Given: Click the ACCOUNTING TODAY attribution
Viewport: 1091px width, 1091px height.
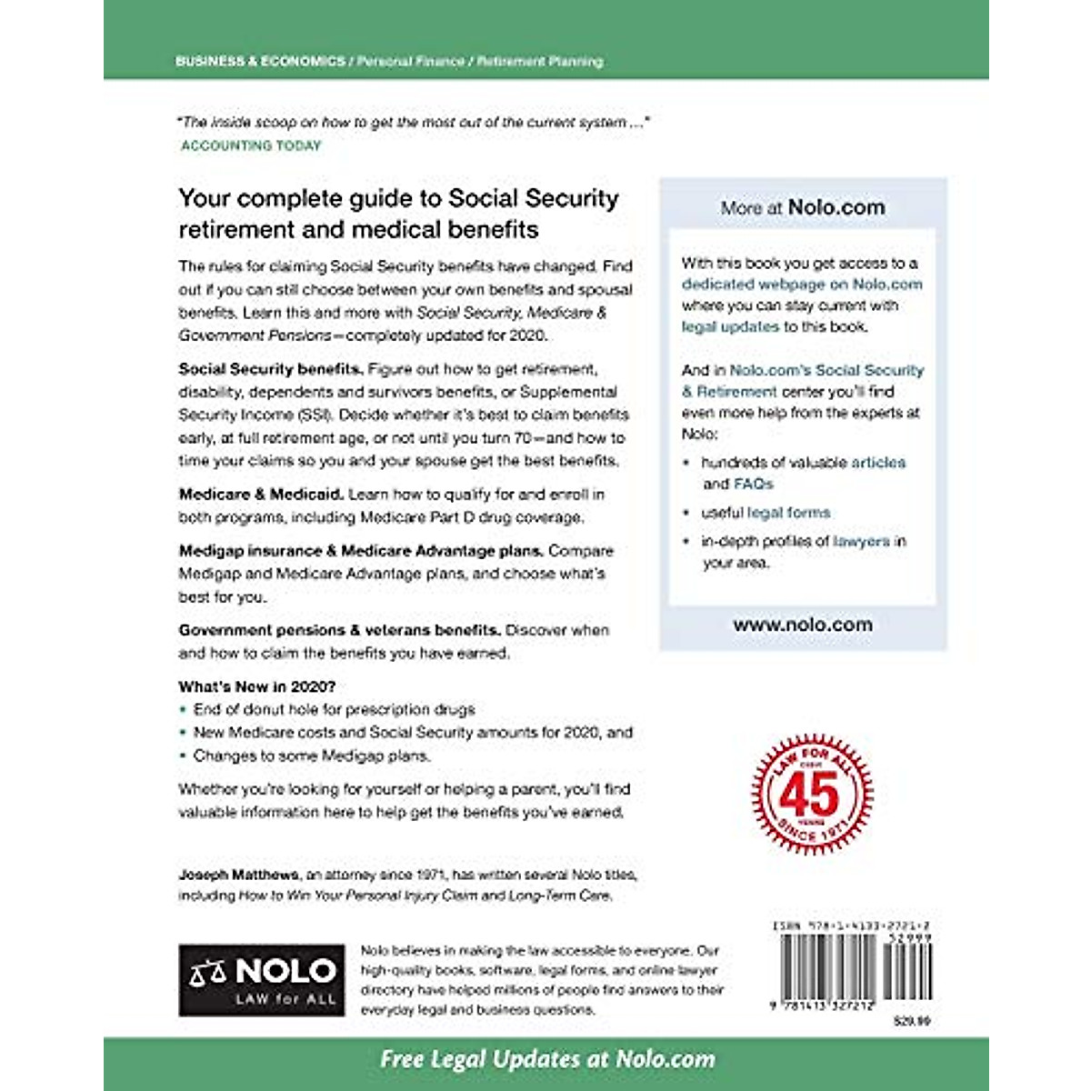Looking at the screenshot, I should click(251, 145).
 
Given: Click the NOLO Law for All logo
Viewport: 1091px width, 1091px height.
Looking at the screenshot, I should click(262, 979).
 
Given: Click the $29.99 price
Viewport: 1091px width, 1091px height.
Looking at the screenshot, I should click(912, 1022).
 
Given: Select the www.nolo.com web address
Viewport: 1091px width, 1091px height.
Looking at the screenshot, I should click(803, 625).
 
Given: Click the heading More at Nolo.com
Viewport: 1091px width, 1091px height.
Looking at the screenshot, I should click(803, 207).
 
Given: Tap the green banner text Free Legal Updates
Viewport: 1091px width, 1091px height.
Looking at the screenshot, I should click(546, 1059).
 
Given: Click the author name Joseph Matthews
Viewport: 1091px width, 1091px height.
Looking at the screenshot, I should click(238, 875).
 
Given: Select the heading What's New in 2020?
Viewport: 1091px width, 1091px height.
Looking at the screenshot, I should click(256, 686).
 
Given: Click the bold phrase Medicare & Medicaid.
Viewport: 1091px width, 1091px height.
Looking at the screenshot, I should click(261, 495).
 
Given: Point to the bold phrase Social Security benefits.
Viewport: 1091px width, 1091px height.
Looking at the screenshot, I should click(271, 369).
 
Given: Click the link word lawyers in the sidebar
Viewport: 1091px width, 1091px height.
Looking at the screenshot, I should click(861, 541).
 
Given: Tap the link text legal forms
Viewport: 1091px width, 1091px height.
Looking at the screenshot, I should click(788, 513).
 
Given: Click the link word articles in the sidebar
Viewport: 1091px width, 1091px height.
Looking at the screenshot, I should click(878, 462).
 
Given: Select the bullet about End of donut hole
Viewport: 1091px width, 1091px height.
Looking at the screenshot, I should click(334, 709).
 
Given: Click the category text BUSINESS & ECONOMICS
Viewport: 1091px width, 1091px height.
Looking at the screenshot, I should click(260, 62).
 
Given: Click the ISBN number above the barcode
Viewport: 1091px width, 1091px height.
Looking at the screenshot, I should click(851, 926).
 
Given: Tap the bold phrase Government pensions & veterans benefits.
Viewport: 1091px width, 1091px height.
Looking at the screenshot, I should click(339, 630).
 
